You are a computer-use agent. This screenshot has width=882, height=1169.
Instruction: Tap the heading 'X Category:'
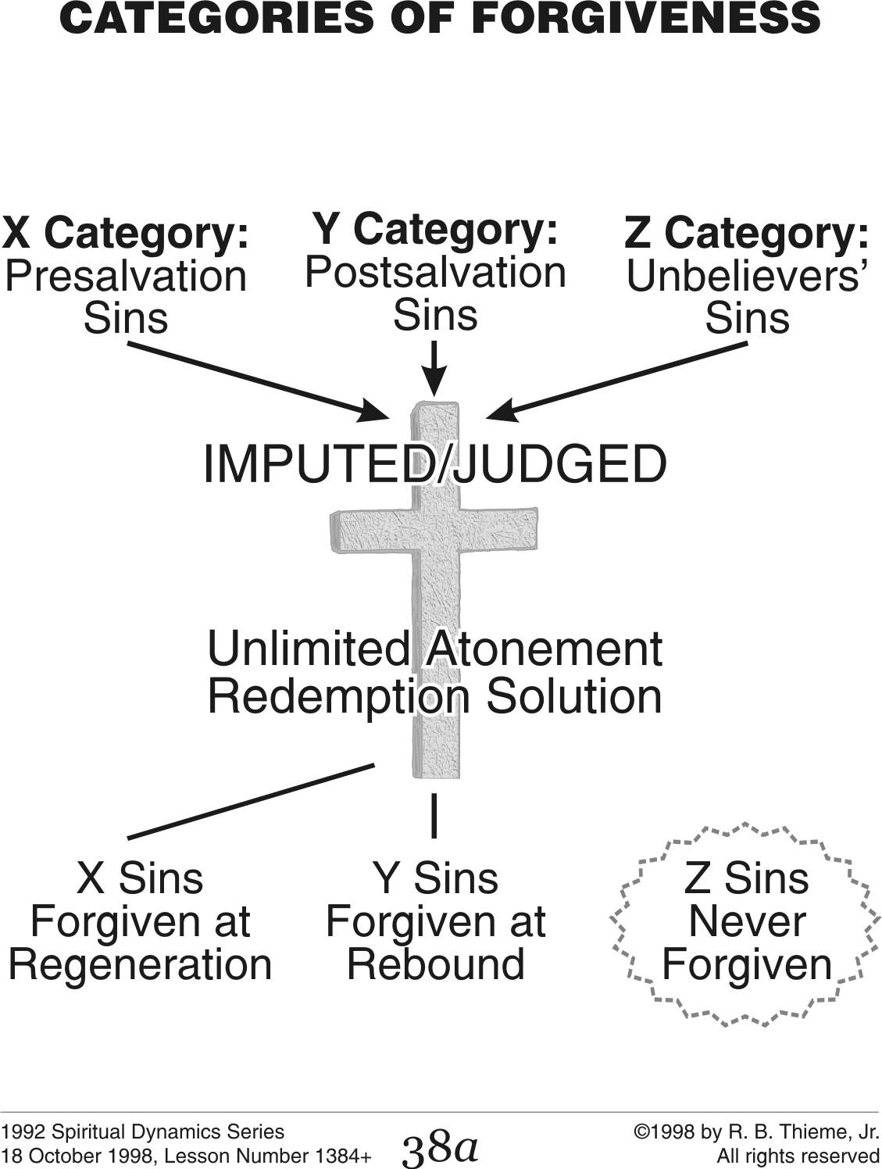[x=125, y=234]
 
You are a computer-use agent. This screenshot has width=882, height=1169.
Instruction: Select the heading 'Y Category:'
[x=435, y=229]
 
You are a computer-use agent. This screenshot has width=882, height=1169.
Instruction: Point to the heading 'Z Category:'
[x=746, y=234]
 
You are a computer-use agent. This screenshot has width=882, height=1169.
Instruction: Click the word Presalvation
[x=126, y=276]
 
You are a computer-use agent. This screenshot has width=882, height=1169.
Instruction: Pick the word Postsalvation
[x=435, y=272]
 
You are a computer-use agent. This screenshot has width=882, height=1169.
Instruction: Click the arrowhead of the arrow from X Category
[x=376, y=412]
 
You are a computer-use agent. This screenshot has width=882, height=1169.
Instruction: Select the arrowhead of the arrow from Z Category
[x=500, y=411]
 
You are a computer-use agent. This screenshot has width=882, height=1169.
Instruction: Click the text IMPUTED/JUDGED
[x=435, y=464]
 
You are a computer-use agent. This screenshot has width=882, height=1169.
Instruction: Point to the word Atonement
[x=543, y=649]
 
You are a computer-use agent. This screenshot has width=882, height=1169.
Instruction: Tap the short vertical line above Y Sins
[x=434, y=816]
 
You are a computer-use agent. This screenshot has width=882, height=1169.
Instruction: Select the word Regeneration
[x=140, y=964]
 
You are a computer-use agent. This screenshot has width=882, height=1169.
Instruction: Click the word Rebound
[x=435, y=964]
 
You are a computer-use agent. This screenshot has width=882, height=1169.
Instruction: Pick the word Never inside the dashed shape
[x=746, y=921]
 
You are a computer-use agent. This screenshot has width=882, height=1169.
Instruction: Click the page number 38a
[x=439, y=1146]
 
